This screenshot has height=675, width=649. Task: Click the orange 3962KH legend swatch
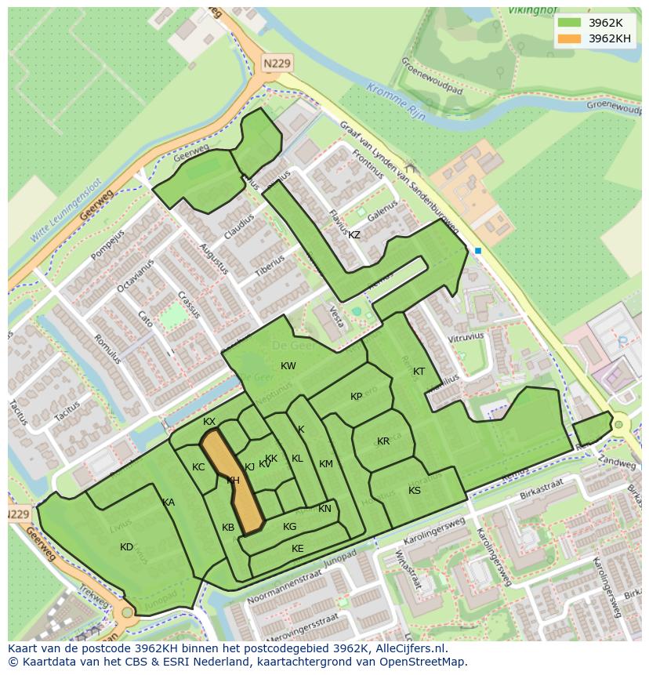tap(569, 38)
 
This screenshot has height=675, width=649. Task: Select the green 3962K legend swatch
tap(569, 23)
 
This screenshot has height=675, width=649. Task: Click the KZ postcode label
tap(354, 235)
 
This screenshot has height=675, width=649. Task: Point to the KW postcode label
tap(288, 366)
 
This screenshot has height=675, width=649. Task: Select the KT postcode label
tap(419, 372)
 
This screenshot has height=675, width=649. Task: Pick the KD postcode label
tap(126, 547)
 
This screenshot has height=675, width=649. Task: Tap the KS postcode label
tap(414, 491)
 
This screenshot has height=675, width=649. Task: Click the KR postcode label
tap(383, 441)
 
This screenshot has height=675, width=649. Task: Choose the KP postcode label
tap(356, 397)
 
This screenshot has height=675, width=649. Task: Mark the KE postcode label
tap(297, 549)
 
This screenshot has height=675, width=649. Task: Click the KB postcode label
tap(227, 528)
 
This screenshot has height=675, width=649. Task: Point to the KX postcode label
tap(208, 422)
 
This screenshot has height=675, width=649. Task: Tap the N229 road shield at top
tap(276, 63)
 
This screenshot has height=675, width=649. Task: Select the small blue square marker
tap(477, 251)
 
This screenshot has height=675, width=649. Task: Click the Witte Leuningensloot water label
tap(70, 216)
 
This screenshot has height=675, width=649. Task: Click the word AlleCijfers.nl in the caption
tap(408, 648)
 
